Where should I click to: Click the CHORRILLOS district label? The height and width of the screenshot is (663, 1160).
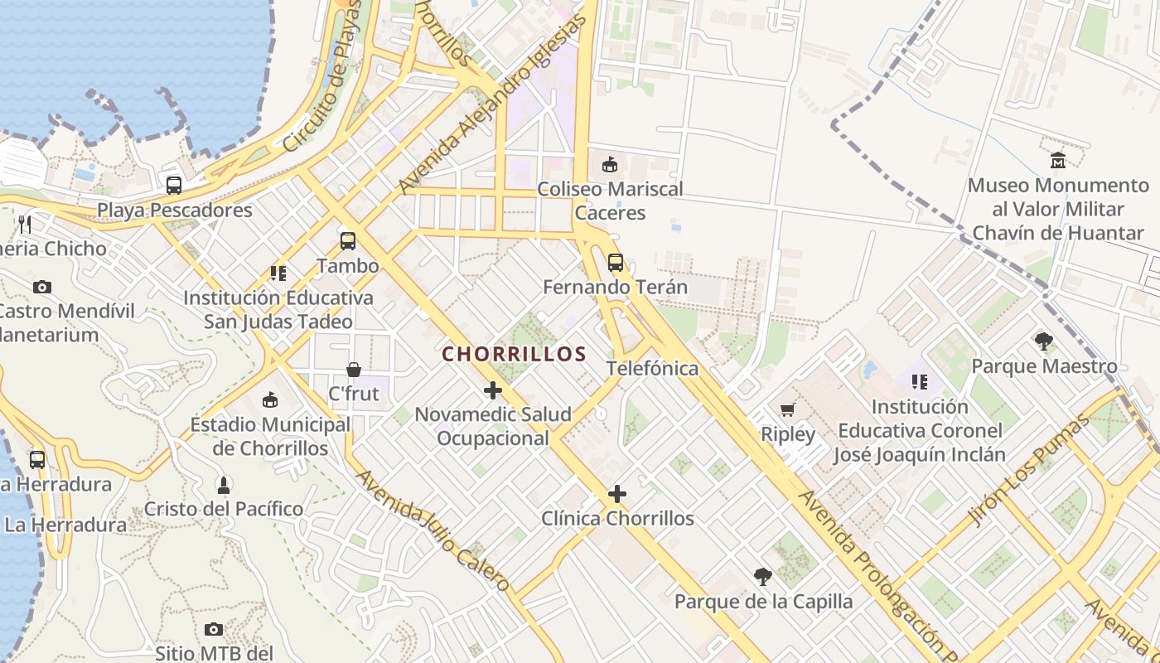point(514,354)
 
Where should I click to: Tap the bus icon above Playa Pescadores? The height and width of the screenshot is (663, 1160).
point(174,186)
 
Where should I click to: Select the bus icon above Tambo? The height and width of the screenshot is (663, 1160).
point(348,241)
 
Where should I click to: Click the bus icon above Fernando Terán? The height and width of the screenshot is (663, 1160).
point(615,263)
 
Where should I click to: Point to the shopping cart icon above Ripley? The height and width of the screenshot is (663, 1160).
point(787,409)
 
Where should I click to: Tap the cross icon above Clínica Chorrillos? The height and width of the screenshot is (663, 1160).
point(617,495)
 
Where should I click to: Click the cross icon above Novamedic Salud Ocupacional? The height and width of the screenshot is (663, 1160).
point(493,390)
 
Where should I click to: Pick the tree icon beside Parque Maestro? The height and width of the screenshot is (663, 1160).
point(1044,341)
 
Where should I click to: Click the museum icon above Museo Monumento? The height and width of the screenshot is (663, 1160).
point(1058,160)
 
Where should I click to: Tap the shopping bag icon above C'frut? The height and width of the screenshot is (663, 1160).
point(354,369)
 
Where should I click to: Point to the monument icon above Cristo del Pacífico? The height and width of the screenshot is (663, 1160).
point(223,484)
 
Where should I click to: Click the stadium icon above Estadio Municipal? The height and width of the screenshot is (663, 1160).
point(270,400)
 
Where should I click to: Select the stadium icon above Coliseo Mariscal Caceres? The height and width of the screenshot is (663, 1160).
point(610,164)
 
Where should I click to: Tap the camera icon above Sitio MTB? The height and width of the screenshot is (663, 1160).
point(214,630)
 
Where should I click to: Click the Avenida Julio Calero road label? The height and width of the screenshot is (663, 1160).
point(433,530)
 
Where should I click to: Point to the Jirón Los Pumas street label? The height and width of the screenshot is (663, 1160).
point(1028,471)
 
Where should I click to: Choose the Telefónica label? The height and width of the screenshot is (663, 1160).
point(653,368)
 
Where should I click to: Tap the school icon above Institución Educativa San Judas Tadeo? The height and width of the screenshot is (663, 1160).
point(278,273)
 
